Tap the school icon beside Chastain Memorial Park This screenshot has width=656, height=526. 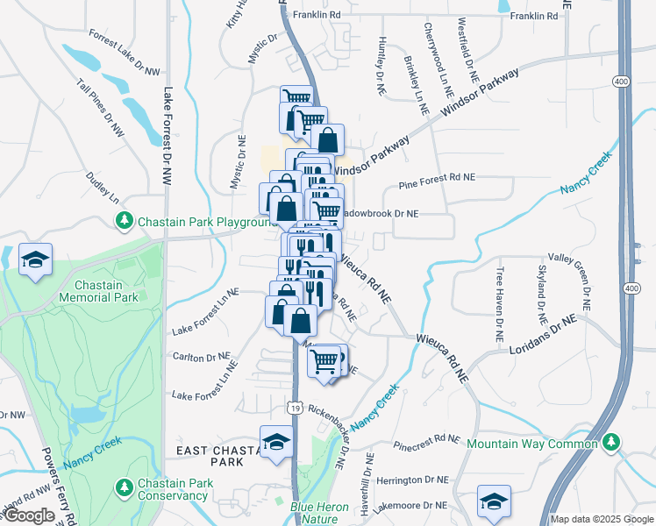pyautogui.click(x=35, y=259)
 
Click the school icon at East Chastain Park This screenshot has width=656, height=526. pyautogui.click(x=276, y=442)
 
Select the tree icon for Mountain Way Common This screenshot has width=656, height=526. pyautogui.click(x=612, y=444)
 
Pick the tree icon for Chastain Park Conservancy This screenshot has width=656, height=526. pyautogui.click(x=125, y=486)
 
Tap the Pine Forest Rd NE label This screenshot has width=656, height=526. pyautogui.click(x=436, y=177)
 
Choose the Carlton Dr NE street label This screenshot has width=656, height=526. pyautogui.click(x=202, y=358)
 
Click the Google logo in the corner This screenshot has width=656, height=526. pyautogui.click(x=29, y=516)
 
